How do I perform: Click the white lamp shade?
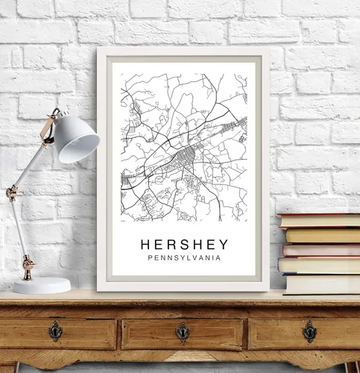(78, 139)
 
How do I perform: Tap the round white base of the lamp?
(41, 285)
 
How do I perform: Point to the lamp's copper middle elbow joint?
(12, 193)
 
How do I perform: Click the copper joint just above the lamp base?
(28, 264)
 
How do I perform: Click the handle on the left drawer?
(56, 331)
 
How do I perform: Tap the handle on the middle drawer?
(183, 331)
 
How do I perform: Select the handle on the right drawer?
(309, 331)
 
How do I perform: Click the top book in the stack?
(319, 220)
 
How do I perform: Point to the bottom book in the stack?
(322, 284)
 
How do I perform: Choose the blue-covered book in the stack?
(319, 265)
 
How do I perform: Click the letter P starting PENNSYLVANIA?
(153, 260)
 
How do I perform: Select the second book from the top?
(322, 235)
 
